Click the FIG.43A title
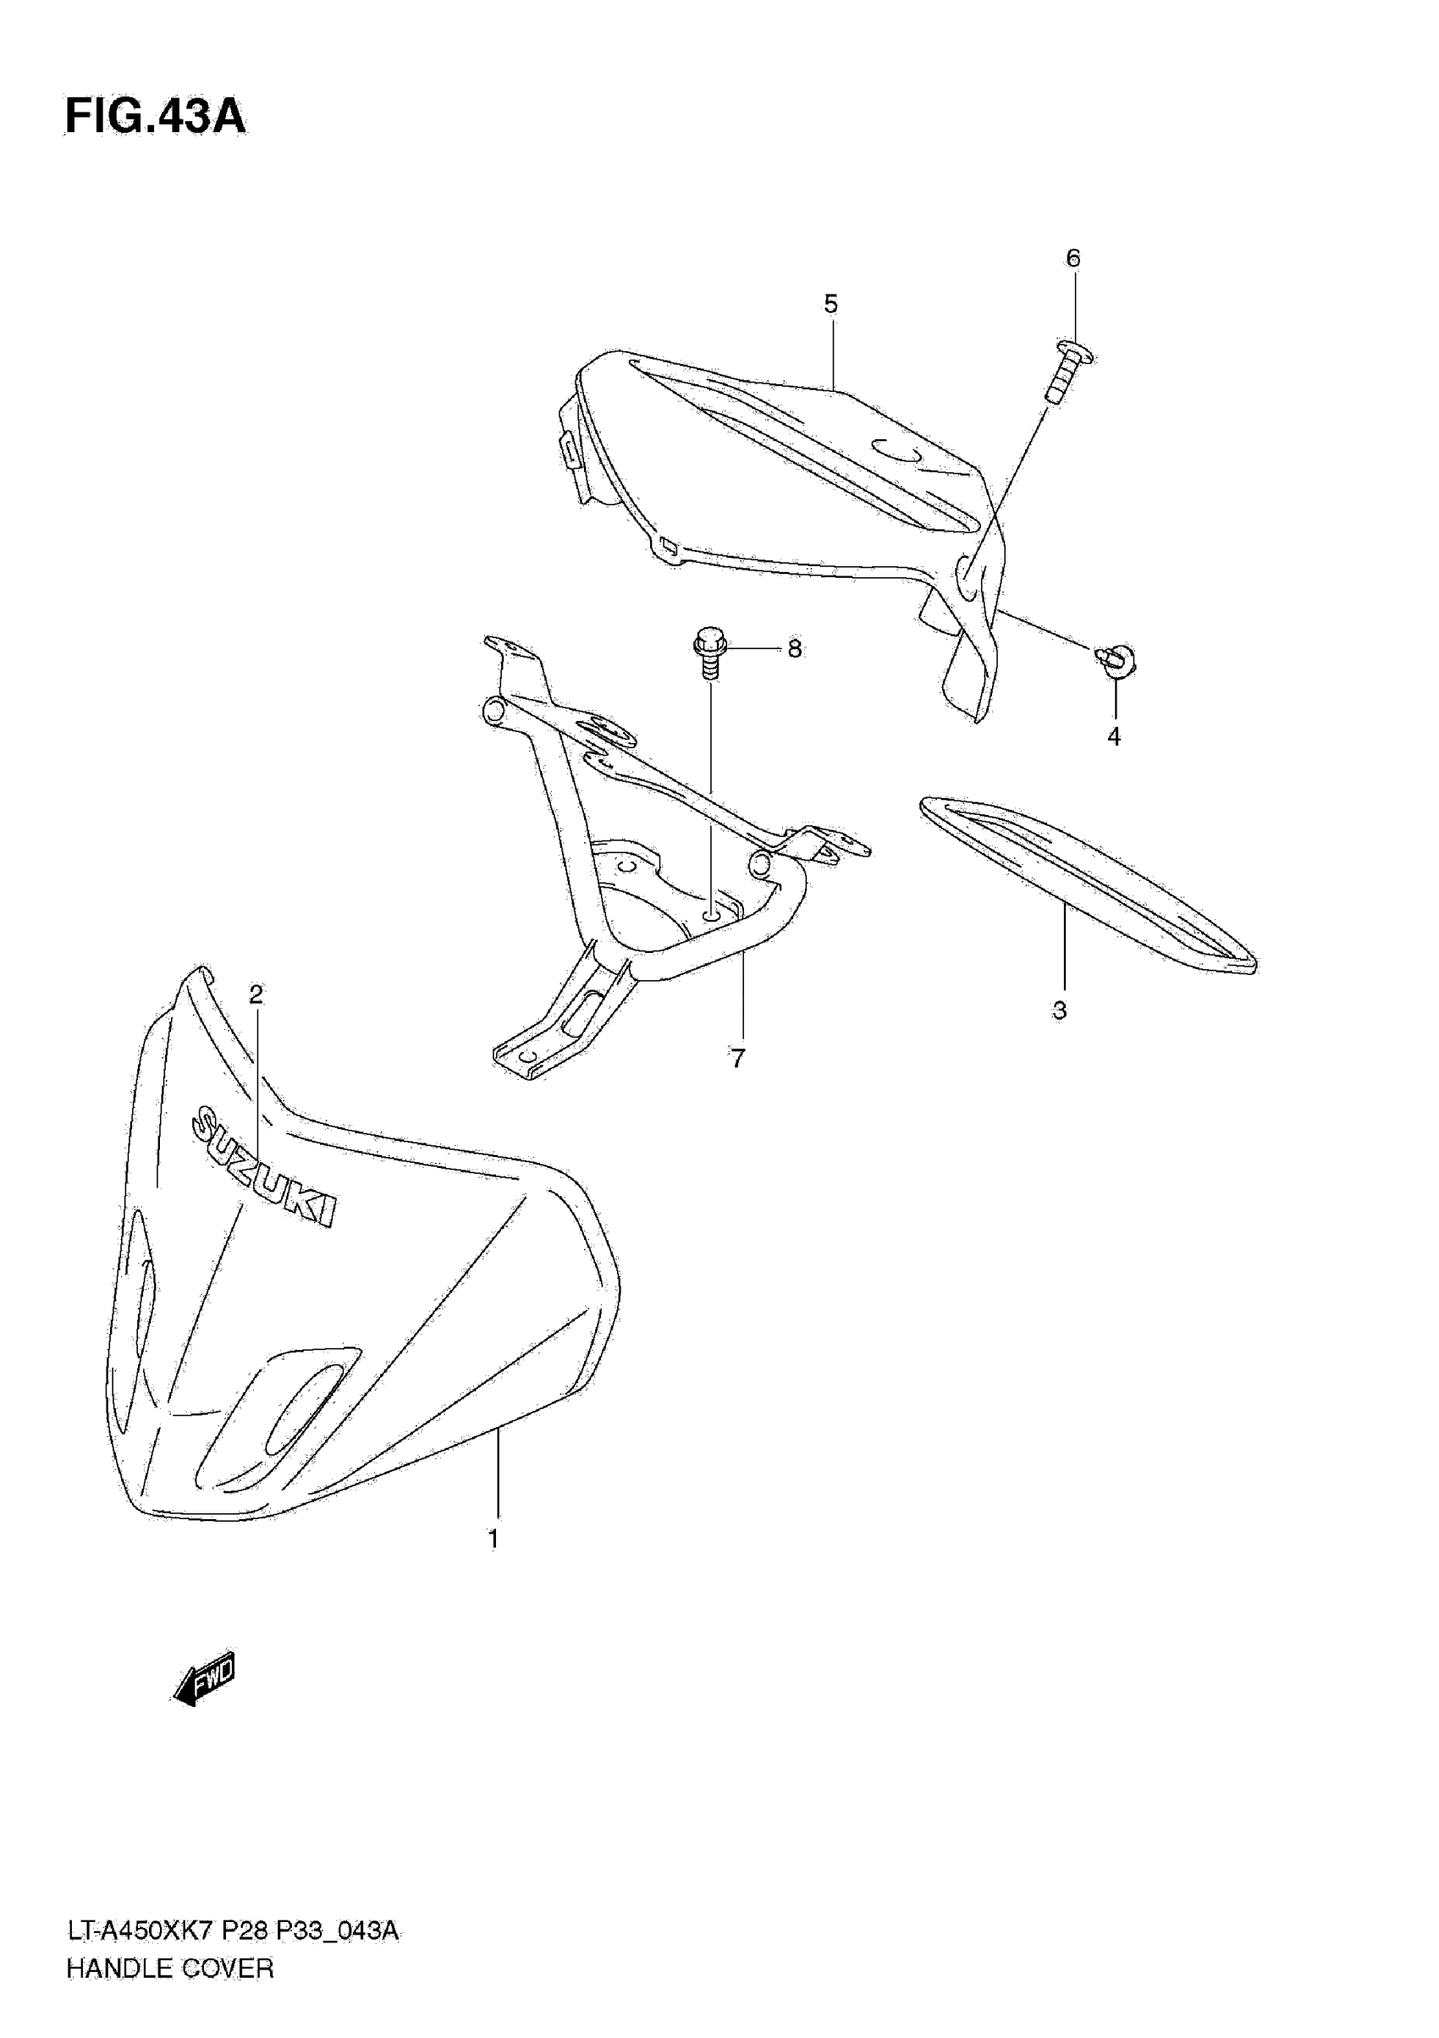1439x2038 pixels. coord(156,116)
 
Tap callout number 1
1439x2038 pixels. coord(493,1539)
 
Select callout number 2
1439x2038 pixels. coord(256,995)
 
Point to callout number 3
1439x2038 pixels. coord(1059,1011)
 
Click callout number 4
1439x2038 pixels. coord(1114,735)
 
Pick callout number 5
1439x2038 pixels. coord(831,305)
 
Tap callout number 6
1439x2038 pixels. coord(1073,258)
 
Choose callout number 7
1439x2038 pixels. coord(737,1058)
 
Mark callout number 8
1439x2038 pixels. coord(795,650)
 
